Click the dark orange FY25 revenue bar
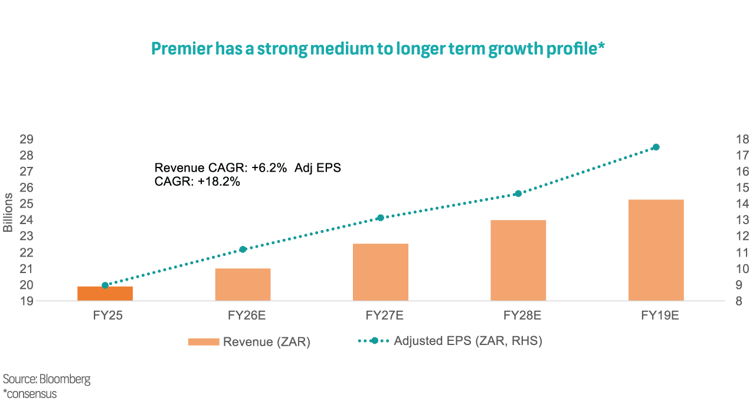coord(105,294)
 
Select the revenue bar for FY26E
coord(243,285)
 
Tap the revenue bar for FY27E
coord(381,272)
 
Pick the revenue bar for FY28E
coord(518,261)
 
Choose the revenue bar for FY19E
coord(656,251)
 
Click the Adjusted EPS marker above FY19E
coord(656,147)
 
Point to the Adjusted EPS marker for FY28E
coord(518,193)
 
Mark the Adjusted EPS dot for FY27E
coord(381,218)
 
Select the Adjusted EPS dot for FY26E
coord(243,249)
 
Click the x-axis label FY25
coord(105,316)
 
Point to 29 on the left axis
coord(26,140)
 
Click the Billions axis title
coord(8,212)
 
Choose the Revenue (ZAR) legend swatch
coord(203,341)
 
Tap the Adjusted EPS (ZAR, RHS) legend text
coord(467,341)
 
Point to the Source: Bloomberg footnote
coord(47,379)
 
